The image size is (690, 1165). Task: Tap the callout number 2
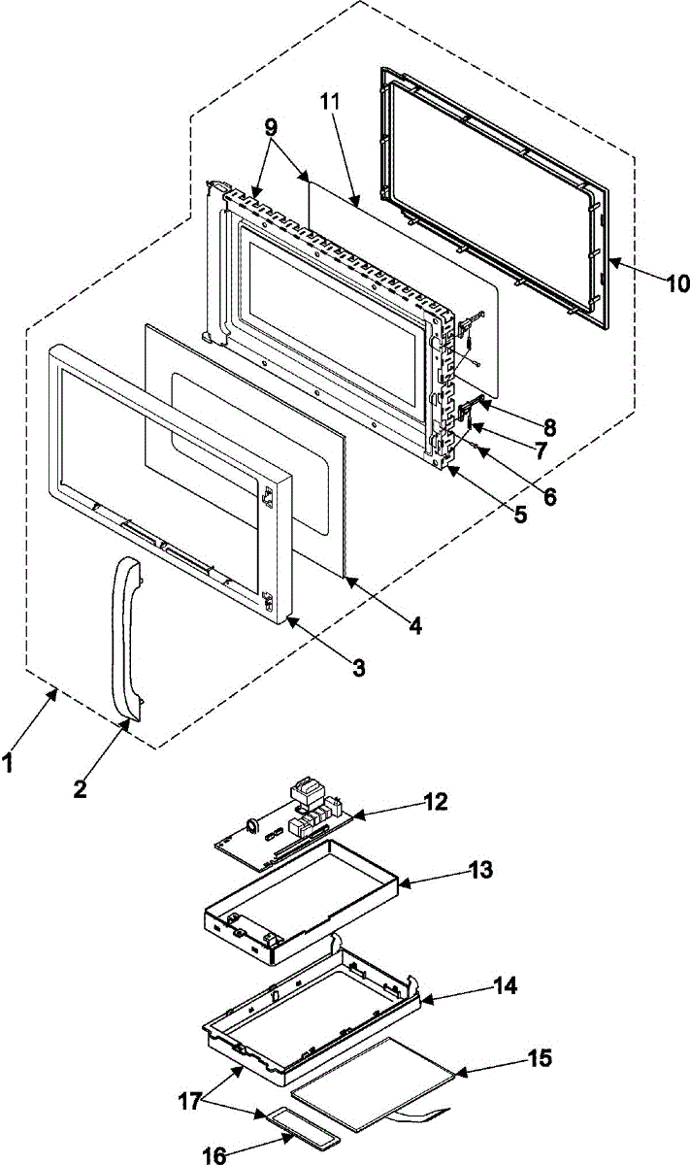tap(81, 788)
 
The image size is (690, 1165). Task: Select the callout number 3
tap(358, 667)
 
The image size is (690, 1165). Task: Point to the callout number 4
tap(414, 626)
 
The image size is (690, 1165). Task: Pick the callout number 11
tap(329, 100)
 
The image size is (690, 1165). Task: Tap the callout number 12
tap(435, 802)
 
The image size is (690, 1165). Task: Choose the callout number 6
tap(549, 496)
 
